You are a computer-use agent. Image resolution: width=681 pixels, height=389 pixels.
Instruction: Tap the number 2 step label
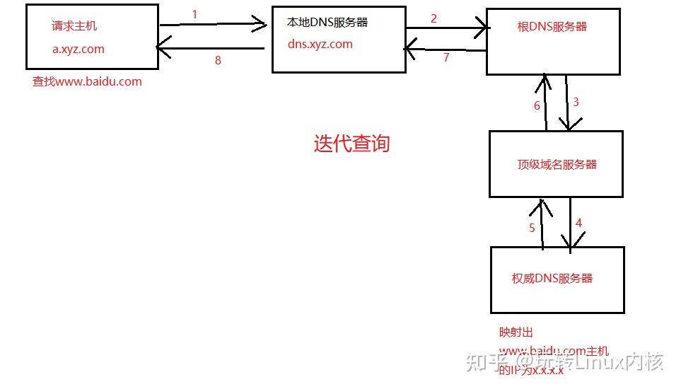[433, 18]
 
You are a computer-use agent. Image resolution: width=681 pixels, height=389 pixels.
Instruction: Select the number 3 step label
[576, 102]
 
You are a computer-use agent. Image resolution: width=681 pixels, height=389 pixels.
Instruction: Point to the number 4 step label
[578, 223]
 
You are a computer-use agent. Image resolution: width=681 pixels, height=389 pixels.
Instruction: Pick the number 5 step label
[532, 228]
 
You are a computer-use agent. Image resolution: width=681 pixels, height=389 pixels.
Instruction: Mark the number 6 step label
[537, 105]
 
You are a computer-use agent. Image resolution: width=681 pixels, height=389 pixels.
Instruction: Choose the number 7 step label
[446, 58]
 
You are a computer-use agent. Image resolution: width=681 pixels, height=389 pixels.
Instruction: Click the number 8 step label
[218, 60]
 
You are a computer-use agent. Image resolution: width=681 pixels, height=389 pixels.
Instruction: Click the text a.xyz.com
[78, 49]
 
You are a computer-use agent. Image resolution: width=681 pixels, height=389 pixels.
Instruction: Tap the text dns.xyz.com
[320, 44]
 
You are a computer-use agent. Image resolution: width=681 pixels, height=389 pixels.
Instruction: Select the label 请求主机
[74, 26]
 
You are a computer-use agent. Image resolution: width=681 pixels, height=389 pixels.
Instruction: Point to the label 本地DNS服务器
[327, 23]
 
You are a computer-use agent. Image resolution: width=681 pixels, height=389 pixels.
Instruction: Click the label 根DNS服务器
[552, 27]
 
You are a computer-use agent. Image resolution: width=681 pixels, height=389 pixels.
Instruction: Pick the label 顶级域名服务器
[557, 164]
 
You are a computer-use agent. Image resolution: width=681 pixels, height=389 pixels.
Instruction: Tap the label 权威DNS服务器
[552, 278]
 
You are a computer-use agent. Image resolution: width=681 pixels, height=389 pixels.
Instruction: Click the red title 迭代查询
[351, 144]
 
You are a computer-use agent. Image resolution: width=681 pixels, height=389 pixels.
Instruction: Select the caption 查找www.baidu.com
[87, 81]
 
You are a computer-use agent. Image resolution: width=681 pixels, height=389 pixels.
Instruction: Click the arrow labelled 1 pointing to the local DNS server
[212, 25]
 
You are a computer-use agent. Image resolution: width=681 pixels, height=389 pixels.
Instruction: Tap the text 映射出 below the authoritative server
[516, 332]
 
